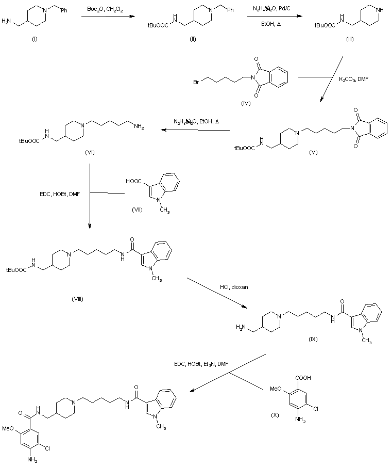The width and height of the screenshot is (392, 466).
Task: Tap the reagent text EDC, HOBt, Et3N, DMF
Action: point(201,364)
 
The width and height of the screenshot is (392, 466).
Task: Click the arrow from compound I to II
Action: point(106,18)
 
